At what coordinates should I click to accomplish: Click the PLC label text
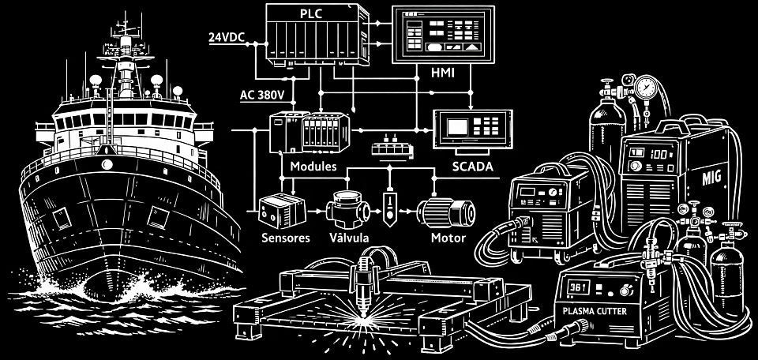(x=311, y=14)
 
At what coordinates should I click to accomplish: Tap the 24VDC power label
(x=225, y=37)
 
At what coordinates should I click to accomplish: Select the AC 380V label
(x=262, y=95)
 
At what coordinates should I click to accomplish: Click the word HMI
(x=442, y=73)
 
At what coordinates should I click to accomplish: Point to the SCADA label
(x=472, y=167)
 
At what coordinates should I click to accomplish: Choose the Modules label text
(x=313, y=167)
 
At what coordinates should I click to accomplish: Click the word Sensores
(x=285, y=238)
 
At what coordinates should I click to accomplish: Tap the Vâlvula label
(x=349, y=238)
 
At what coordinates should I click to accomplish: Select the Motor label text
(x=448, y=238)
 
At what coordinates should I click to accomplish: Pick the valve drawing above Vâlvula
(x=348, y=208)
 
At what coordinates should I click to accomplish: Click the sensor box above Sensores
(x=282, y=210)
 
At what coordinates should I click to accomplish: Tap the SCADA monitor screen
(x=457, y=126)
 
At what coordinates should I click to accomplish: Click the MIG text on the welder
(x=711, y=178)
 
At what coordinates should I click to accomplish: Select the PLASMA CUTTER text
(x=595, y=311)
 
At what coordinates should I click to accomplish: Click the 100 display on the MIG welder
(x=659, y=155)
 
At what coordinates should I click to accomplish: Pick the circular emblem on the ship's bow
(x=107, y=165)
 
